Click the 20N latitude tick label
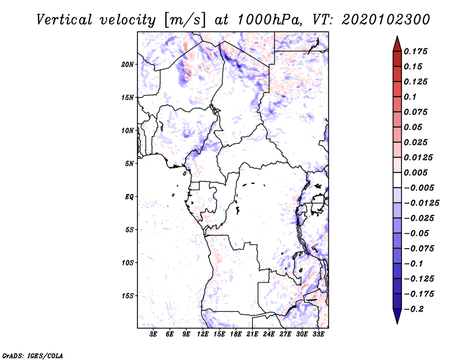click(x=128, y=64)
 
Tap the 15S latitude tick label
click(x=128, y=296)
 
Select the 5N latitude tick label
click(x=129, y=164)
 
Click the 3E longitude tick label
click(x=153, y=334)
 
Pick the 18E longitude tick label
click(x=236, y=334)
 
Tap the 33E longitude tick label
click(x=318, y=334)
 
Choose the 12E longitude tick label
click(x=203, y=334)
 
